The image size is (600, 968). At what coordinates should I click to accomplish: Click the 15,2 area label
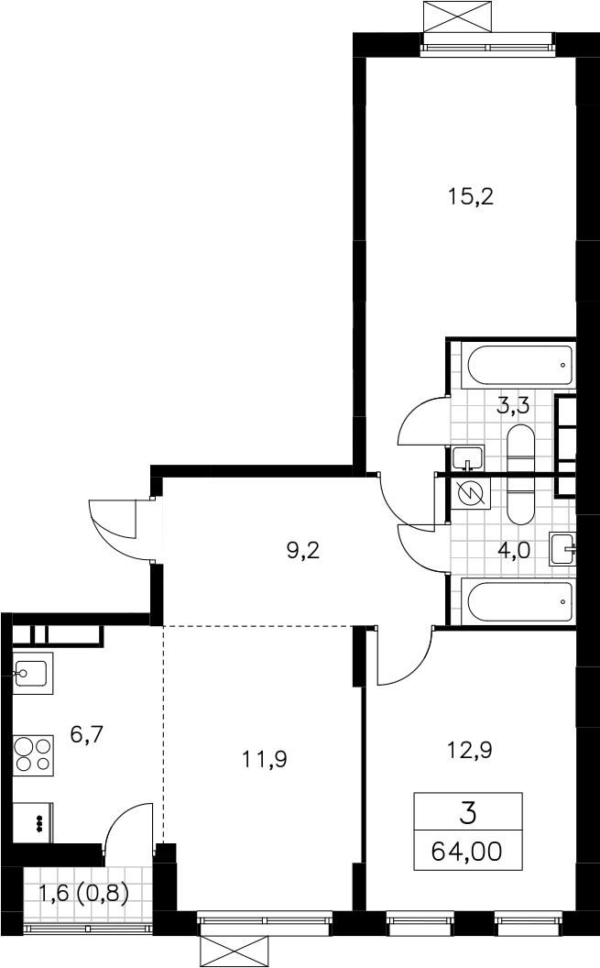(471, 198)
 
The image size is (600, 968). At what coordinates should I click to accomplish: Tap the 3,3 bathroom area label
(514, 407)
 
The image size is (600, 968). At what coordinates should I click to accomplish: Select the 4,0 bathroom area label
(514, 549)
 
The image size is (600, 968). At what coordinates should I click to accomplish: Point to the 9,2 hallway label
(303, 549)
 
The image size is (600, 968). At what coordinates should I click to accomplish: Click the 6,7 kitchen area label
(86, 734)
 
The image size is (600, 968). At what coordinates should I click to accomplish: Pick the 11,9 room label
(265, 759)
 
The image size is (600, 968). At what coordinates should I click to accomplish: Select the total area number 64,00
(467, 852)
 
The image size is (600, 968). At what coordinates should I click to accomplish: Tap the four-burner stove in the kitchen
(33, 754)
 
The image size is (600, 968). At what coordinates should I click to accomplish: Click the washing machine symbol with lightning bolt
(471, 493)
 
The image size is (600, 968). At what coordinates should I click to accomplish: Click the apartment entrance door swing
(115, 528)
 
